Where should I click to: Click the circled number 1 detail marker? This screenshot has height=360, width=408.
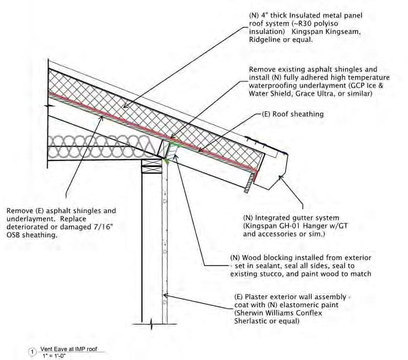(x=33, y=351)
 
